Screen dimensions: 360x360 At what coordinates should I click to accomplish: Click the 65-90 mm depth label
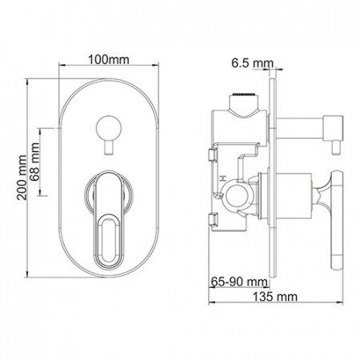point(239,282)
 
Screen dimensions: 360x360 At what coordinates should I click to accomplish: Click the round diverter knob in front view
point(105,126)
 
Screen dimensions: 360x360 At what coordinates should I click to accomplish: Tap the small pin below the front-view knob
point(105,147)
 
